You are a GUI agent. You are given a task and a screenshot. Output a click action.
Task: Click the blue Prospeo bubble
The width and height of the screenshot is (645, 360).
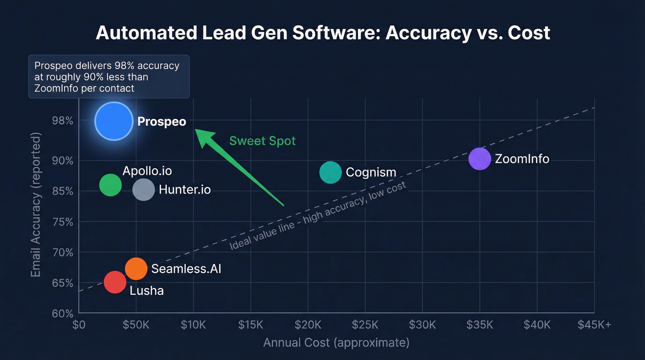point(114,121)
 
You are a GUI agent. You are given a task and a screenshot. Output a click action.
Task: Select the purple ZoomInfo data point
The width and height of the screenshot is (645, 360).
point(480,159)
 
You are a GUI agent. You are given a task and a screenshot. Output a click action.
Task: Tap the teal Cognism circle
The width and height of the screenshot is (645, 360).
point(330,172)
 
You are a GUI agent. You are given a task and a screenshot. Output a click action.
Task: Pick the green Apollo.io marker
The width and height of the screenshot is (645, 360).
point(110,185)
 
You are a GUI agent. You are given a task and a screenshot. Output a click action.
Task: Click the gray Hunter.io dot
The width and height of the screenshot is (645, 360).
point(143,190)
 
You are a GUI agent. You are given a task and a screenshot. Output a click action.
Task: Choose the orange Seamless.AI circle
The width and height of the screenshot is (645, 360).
point(136,268)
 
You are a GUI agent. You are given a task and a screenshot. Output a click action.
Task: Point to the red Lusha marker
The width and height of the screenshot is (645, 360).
point(115,282)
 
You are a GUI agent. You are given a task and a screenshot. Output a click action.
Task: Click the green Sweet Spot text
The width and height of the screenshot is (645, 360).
point(262,141)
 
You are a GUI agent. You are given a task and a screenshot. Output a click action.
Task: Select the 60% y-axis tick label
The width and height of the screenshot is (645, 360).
point(63,313)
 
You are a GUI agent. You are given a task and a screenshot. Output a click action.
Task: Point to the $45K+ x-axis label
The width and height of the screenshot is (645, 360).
point(594,325)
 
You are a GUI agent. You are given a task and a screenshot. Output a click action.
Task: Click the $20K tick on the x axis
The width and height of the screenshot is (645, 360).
point(308,325)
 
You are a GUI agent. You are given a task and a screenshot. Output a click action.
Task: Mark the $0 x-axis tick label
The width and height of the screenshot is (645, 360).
point(79,325)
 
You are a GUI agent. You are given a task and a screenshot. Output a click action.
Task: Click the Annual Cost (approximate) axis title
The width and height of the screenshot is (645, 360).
point(336,342)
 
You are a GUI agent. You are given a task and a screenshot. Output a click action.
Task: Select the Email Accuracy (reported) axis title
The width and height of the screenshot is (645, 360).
point(36,205)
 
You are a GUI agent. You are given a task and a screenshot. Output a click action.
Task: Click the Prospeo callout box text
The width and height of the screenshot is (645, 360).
point(107,77)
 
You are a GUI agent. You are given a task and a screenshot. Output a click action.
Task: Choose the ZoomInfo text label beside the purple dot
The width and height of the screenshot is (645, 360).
point(522,159)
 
